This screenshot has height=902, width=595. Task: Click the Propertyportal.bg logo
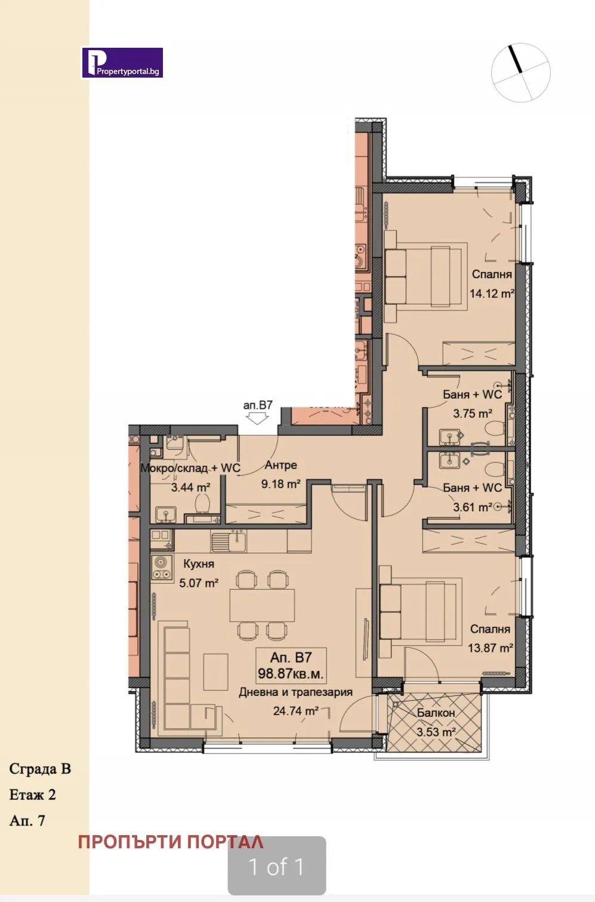pyautogui.click(x=122, y=63)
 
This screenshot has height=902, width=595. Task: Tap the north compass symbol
pyautogui.click(x=520, y=72)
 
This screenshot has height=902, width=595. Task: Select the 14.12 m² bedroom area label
pyautogui.click(x=491, y=294)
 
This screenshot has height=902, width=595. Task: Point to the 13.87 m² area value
pyautogui.click(x=490, y=648)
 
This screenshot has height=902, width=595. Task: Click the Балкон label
pyautogui.click(x=436, y=713)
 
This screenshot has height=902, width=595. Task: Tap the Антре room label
pyautogui.click(x=280, y=466)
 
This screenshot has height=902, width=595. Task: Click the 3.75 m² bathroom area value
pyautogui.click(x=472, y=413)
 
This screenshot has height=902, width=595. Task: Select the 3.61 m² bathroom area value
pyautogui.click(x=472, y=507)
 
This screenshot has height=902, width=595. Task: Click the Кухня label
pyautogui.click(x=198, y=564)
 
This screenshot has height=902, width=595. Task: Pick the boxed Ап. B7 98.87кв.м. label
pyautogui.click(x=291, y=666)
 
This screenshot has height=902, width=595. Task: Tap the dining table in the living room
pyautogui.click(x=262, y=605)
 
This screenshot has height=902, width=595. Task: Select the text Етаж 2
pyautogui.click(x=33, y=795)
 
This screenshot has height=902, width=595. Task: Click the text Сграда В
pyautogui.click(x=40, y=768)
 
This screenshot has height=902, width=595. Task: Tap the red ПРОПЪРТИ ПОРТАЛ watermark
pyautogui.click(x=171, y=842)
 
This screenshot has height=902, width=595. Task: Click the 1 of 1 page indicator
pyautogui.click(x=276, y=866)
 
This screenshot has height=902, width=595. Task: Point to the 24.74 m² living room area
pyautogui.click(x=295, y=711)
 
